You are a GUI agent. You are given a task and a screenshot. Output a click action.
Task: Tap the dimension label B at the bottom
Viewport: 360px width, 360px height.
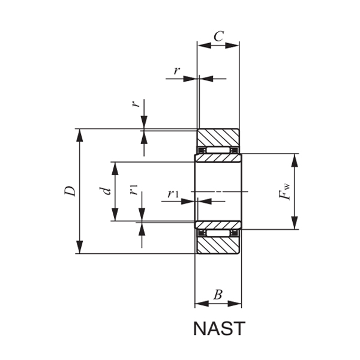[x=218, y=295]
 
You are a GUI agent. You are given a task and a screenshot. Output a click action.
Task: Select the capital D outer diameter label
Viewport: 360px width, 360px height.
[x=70, y=191]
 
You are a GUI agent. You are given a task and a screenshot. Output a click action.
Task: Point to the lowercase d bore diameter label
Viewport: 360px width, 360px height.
[x=106, y=191]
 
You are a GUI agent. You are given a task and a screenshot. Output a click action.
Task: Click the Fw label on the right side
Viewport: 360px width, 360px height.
[x=284, y=191]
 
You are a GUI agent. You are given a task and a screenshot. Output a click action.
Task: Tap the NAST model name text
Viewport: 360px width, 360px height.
[x=219, y=329]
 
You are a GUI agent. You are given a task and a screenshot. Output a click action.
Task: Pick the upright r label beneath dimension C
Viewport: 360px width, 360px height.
[x=176, y=71]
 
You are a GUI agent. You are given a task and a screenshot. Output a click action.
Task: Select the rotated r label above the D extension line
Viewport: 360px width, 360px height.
[x=137, y=103]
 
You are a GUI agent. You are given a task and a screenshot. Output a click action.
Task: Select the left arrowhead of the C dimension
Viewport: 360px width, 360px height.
[x=202, y=44]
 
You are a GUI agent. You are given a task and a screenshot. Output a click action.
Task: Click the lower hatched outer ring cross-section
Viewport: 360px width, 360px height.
[x=218, y=245]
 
